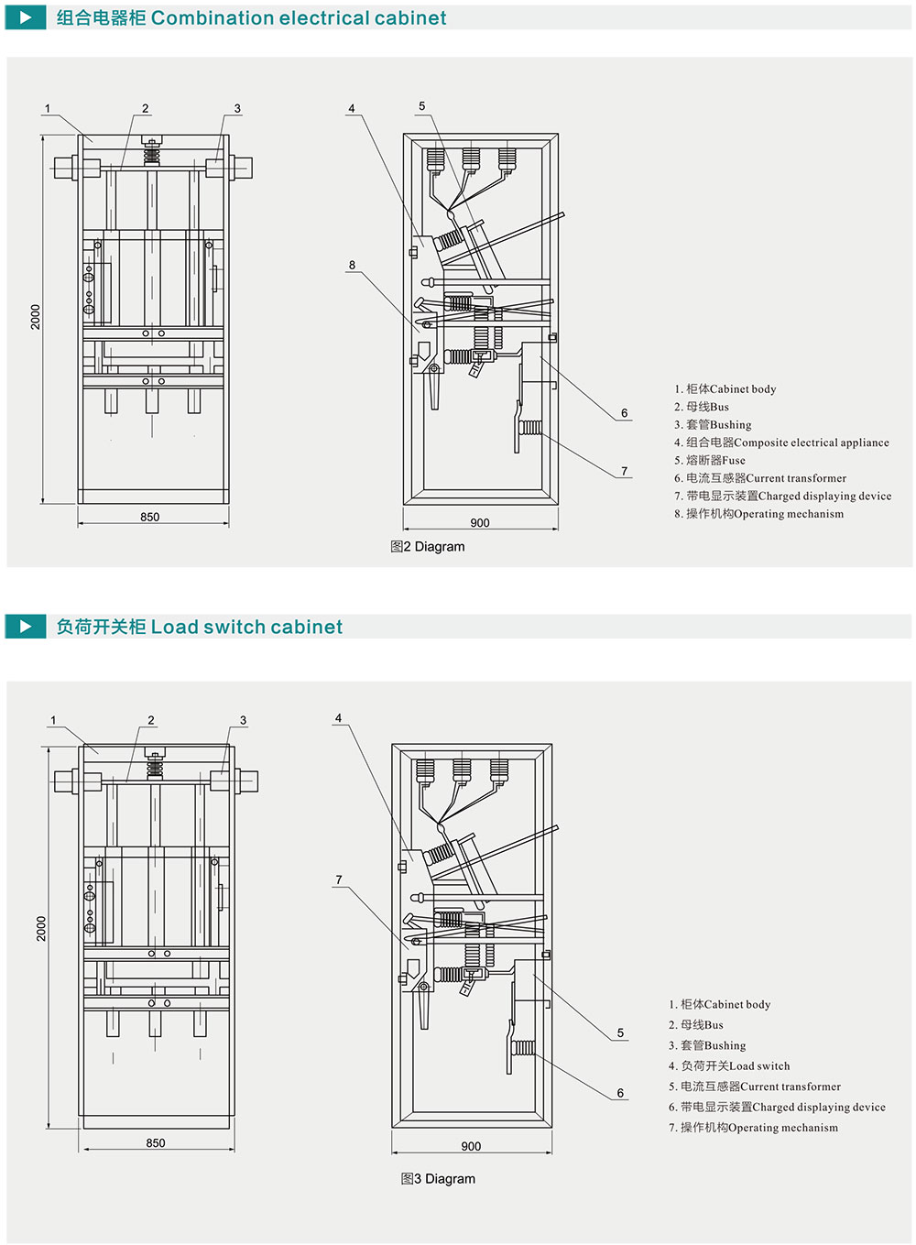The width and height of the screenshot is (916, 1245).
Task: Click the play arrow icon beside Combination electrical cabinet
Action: coord(26,17)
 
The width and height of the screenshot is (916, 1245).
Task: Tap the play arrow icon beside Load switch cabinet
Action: coord(26,627)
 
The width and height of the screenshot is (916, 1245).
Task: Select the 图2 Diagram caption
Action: coord(428,547)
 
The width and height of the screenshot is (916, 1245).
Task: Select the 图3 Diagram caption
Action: coord(438,1179)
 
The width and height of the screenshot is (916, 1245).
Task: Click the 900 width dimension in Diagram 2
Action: coord(480,523)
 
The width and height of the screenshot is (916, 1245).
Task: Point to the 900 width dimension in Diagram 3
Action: coord(471,1146)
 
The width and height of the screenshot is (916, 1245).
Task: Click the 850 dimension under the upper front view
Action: coord(150,517)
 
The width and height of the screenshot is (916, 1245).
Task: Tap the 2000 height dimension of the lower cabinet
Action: coord(41,928)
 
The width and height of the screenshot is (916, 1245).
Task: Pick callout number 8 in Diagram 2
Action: coord(352,266)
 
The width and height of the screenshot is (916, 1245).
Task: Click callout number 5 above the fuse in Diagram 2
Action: coord(422,106)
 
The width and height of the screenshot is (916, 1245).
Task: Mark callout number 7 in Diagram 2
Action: coord(625,471)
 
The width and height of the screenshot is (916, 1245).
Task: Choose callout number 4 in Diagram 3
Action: coord(339,718)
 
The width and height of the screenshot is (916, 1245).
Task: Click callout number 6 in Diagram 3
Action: coord(620,1093)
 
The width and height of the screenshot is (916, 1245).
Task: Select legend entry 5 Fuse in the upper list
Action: coord(710,460)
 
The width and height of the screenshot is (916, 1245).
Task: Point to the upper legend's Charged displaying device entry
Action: coord(782,496)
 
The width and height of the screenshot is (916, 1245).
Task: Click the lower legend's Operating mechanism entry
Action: coord(753,1128)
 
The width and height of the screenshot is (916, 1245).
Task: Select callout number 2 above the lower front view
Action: coord(151,720)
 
